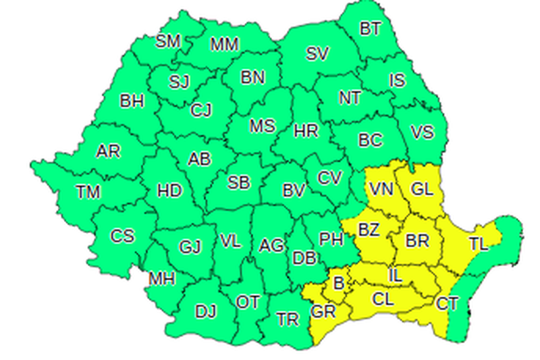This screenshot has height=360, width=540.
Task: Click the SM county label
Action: (168, 41)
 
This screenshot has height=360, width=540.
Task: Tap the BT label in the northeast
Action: (370, 28)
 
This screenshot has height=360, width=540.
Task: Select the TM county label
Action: (88, 192)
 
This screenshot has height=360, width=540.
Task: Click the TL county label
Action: (478, 245)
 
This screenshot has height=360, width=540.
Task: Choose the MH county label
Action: (162, 278)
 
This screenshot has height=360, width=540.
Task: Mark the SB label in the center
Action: (238, 183)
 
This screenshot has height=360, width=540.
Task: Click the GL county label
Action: (422, 190)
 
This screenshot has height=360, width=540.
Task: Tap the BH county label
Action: (132, 102)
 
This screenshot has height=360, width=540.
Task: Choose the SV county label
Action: (317, 55)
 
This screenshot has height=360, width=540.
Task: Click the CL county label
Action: (383, 298)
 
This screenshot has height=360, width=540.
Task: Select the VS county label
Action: (422, 132)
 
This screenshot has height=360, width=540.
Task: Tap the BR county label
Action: (416, 240)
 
